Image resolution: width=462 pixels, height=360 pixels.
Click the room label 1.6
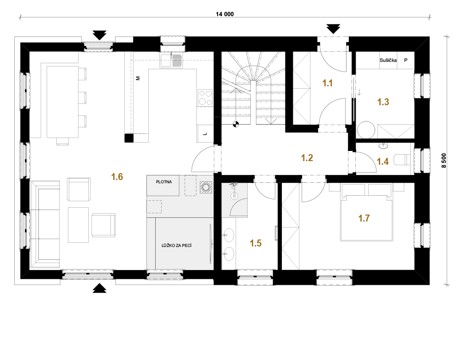pyautogui.click(x=117, y=177)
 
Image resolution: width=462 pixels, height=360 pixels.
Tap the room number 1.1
pyautogui.click(x=328, y=83)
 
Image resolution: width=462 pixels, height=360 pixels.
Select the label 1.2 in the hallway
pyautogui.click(x=307, y=158)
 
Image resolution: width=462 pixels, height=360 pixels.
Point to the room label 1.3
pyautogui.click(x=383, y=102)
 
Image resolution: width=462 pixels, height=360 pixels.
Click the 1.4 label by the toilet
pyautogui.click(x=383, y=162)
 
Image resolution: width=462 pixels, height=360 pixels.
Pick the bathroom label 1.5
pyautogui.click(x=255, y=243)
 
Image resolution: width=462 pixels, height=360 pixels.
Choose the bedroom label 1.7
pyautogui.click(x=364, y=218)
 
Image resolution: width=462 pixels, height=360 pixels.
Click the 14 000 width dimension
pyautogui.click(x=225, y=14)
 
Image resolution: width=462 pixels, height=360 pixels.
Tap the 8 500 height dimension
pyautogui.click(x=444, y=161)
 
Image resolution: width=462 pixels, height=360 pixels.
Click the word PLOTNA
pyautogui.click(x=164, y=182)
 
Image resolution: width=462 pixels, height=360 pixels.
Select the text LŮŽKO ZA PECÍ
pyautogui.click(x=176, y=245)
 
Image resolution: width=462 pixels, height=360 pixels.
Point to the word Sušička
pyautogui.click(x=388, y=60)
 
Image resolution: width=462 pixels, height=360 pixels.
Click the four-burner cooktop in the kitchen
pyautogui.click(x=206, y=98)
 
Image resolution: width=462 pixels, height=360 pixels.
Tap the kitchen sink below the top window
pyautogui.click(x=171, y=60)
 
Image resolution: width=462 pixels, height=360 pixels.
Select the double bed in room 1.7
pyautogui.click(x=366, y=212)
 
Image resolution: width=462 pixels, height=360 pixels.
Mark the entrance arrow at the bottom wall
pyautogui.click(x=100, y=288)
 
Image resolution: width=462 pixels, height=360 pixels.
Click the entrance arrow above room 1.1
pyautogui.click(x=333, y=29)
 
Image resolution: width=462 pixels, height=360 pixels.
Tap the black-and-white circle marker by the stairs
pyautogui.click(x=236, y=124)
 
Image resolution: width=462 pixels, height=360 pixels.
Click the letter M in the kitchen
pyautogui.click(x=138, y=78)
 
